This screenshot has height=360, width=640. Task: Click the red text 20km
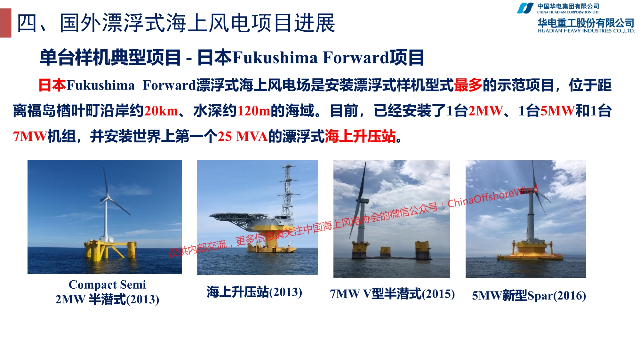pos(161,111)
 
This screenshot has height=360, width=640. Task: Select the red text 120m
pos(254,111)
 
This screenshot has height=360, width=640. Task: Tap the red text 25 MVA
pos(243,137)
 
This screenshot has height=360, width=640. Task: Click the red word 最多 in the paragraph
pos(468,85)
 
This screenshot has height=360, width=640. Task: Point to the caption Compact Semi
pos(107,284)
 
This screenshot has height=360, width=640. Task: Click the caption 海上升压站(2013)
pos(254,292)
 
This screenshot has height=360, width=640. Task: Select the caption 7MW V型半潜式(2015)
pos(392,294)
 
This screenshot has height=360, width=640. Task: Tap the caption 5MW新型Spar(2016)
pos(529,295)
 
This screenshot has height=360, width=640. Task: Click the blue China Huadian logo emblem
pos(525,8)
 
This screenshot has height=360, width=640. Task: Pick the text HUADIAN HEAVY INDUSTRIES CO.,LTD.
pos(586,31)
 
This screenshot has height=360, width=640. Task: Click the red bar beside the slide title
pos(6,23)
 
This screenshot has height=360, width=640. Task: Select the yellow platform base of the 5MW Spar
pos(530,251)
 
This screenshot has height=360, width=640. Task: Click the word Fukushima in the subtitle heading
pos(275,58)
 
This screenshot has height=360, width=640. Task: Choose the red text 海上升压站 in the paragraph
pos(360,137)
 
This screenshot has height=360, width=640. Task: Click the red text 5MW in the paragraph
pos(558,111)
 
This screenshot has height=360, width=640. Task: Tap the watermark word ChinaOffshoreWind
pos(493,196)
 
